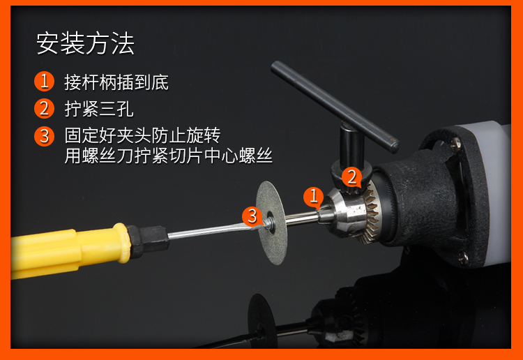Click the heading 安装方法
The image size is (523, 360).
click(85, 43)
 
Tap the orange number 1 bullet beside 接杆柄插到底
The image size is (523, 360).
click(44, 81)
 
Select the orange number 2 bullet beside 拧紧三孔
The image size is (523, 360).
click(44, 108)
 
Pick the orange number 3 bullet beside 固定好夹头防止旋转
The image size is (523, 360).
click(44, 136)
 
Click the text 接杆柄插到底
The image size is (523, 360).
click(116, 82)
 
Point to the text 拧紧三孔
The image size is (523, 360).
click(99, 109)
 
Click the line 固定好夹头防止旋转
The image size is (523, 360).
click(142, 135)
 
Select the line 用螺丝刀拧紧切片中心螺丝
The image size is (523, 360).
click(169, 156)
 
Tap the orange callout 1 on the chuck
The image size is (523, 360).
click(313, 196)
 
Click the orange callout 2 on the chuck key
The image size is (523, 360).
click(351, 177)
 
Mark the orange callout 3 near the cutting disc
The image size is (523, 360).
click(252, 216)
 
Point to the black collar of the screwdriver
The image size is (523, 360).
click(148, 241)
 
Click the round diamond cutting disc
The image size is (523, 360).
click(271, 223)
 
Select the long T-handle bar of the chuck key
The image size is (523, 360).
click(335, 107)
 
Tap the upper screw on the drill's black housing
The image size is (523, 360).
click(455, 144)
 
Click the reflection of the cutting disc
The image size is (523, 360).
click(261, 320)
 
